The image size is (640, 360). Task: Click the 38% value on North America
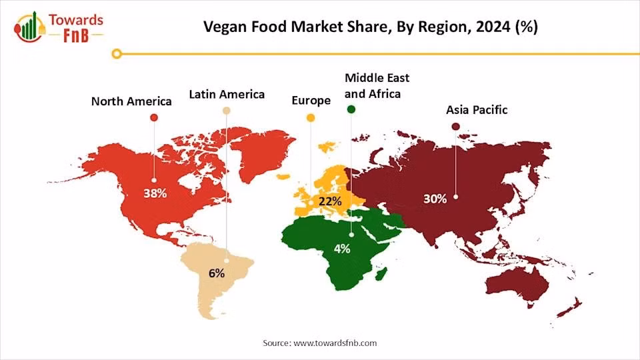click(155, 193)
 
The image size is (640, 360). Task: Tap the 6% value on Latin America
click(217, 273)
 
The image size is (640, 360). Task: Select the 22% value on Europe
click(330, 200)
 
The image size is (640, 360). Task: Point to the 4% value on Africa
click(342, 249)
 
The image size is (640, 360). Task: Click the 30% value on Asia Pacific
click(435, 199)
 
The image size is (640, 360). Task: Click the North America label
click(131, 101)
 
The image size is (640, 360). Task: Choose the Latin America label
click(227, 94)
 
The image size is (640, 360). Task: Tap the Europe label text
click(311, 101)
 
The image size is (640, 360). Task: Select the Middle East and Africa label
click(373, 86)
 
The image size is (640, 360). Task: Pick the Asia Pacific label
click(477, 109)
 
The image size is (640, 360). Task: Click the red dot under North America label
click(154, 117)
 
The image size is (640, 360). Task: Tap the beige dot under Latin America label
click(227, 111)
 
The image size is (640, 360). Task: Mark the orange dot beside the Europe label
click(311, 118)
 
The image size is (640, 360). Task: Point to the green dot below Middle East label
click(351, 109)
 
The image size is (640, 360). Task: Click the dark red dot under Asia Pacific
click(455, 126)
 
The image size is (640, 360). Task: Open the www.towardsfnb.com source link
click(335, 343)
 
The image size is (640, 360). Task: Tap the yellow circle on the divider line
click(117, 53)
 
